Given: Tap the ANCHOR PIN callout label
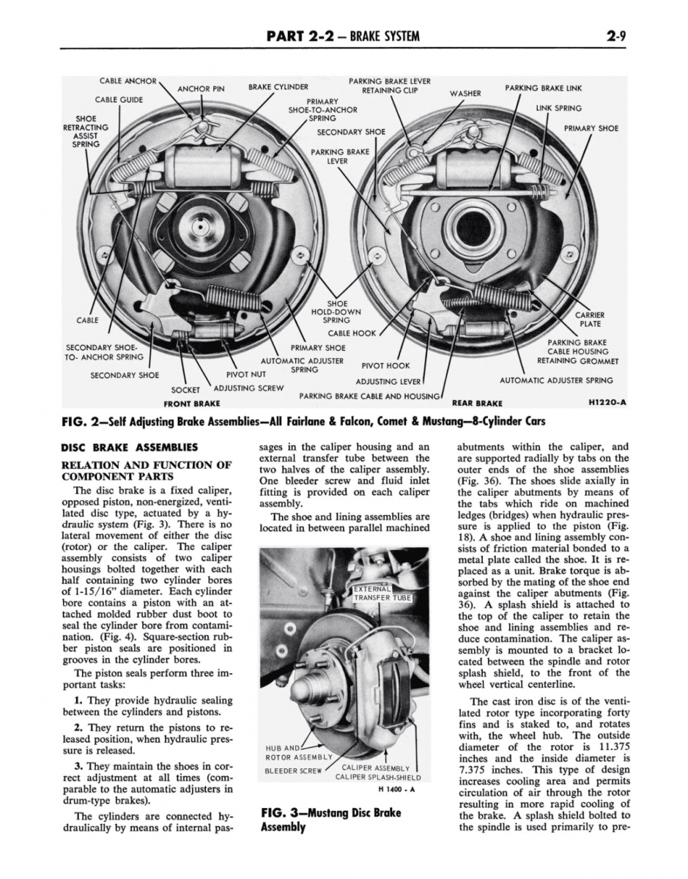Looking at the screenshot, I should pos(201,90).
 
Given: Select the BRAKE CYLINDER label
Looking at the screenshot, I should pos(278,86).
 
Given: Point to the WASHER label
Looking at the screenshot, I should pos(465,93).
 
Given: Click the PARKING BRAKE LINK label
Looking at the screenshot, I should pos(543,88).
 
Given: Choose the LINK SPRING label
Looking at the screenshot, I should pos(558,108).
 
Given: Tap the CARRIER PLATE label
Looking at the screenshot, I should pos(590,319).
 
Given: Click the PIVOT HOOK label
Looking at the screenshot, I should pos(386,365).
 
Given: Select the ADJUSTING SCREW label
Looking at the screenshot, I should pos(248,387).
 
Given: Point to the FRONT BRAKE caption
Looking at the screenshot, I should pos(193,404).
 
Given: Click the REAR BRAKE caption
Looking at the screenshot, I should pos(477,403).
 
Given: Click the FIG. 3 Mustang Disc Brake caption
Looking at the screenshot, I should pos(330,820).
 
